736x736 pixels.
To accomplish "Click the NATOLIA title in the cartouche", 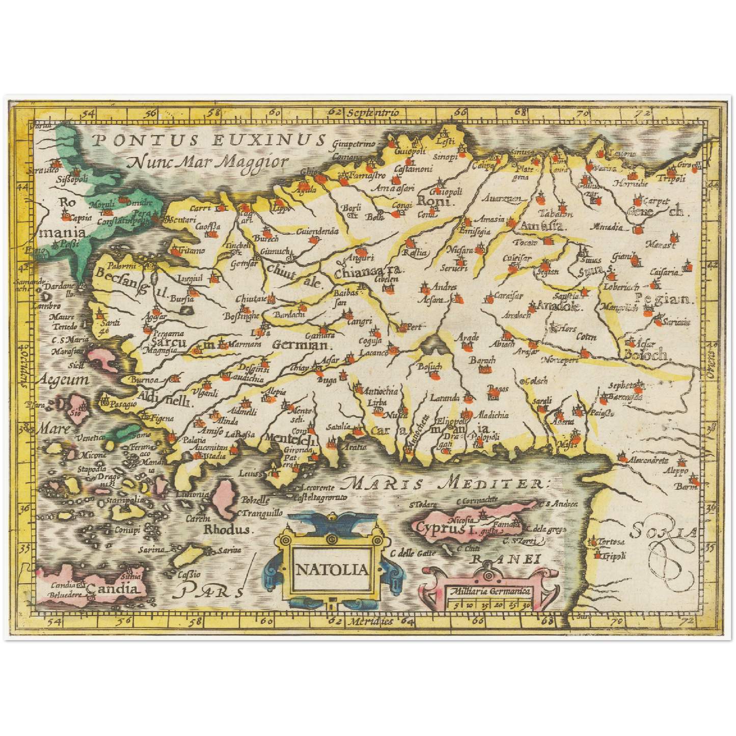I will (332, 569).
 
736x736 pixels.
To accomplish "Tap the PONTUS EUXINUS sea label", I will (209, 141).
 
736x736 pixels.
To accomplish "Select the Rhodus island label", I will (227, 530).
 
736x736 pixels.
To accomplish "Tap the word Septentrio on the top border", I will (372, 113).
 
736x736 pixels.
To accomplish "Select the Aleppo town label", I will (675, 471).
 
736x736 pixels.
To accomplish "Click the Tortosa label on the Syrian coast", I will (611, 542).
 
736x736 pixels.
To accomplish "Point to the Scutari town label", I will (182, 220).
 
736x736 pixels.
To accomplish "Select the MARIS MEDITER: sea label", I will (449, 482).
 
